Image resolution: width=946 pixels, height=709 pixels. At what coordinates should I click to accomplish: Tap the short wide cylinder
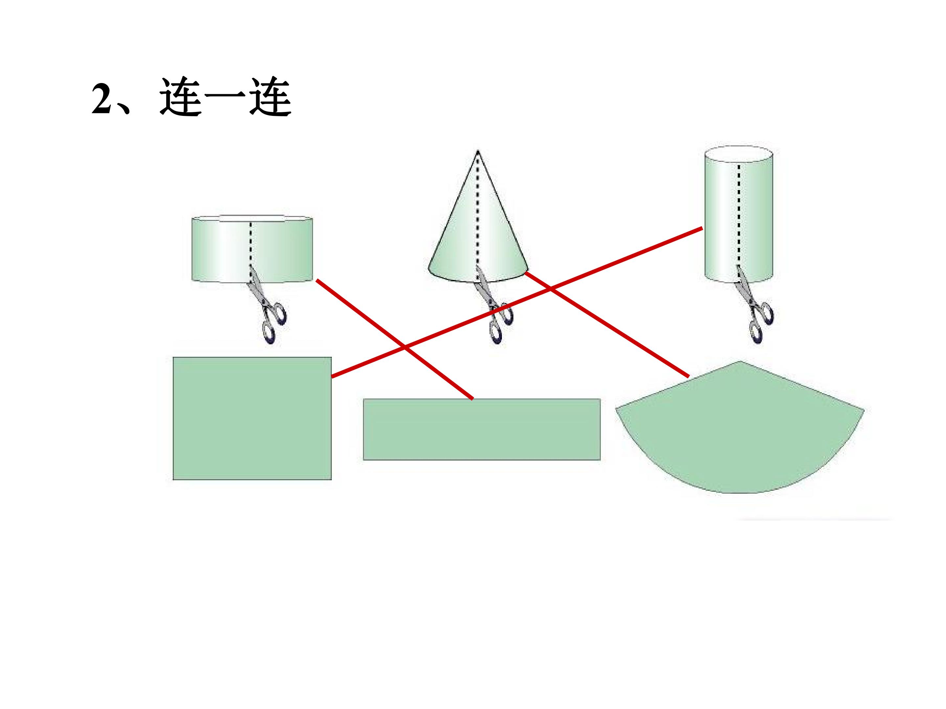pyautogui.click(x=252, y=249)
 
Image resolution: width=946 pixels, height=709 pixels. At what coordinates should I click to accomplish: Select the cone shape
pyautogui.click(x=478, y=216)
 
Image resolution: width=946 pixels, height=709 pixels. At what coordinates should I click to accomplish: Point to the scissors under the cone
pyautogui.click(x=494, y=304)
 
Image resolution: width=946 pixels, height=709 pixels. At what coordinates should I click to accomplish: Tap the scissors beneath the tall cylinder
pyautogui.click(x=755, y=304)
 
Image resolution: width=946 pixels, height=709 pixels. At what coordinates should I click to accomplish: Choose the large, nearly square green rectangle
pyautogui.click(x=252, y=419)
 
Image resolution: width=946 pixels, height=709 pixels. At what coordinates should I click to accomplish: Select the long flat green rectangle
pyautogui.click(x=482, y=429)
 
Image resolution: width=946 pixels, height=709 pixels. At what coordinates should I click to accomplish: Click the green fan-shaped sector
pyautogui.click(x=739, y=432)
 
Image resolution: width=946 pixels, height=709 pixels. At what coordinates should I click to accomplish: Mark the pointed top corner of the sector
pyautogui.click(x=740, y=361)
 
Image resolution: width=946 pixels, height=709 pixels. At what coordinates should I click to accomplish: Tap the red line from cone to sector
pyautogui.click(x=607, y=324)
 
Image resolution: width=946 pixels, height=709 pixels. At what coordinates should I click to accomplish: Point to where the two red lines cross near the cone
pyautogui.click(x=551, y=289)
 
